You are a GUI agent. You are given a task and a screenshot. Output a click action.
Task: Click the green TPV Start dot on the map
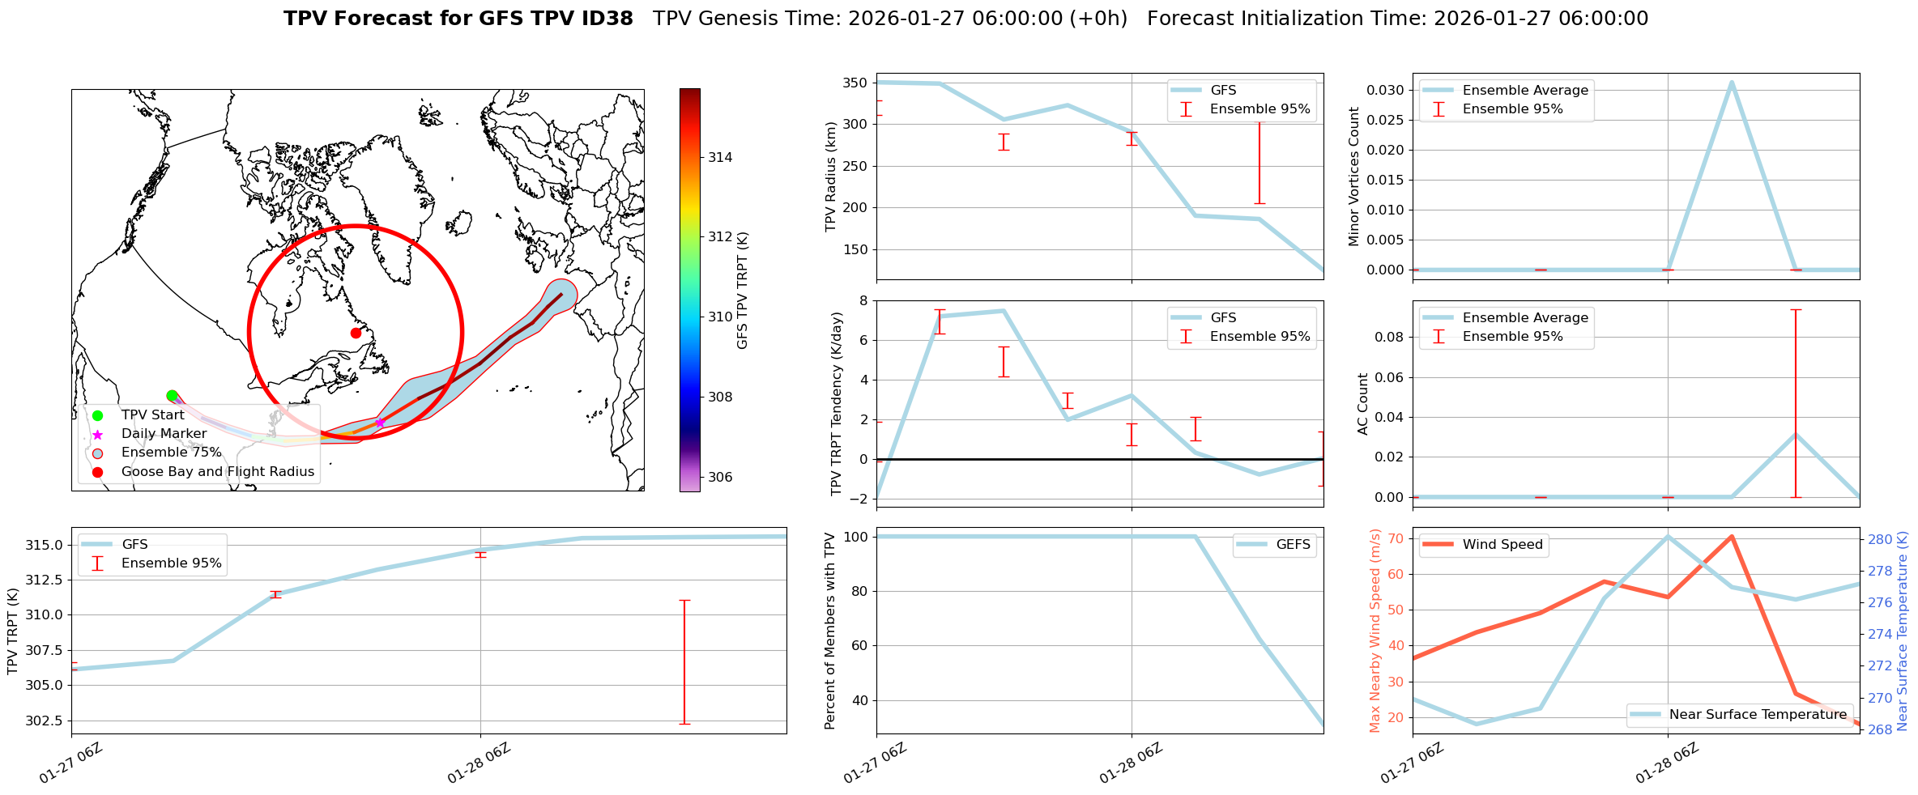[172, 396]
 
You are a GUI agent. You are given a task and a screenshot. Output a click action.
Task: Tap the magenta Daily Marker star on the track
[380, 423]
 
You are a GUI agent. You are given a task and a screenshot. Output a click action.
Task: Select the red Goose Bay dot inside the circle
[356, 333]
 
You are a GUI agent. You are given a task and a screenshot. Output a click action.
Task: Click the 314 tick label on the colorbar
[720, 157]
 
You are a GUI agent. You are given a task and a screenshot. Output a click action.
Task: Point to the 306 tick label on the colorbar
[720, 477]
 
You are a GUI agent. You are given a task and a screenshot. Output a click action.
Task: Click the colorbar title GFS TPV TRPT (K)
[742, 290]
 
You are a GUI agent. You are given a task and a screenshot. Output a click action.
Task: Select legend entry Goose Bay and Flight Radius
[217, 471]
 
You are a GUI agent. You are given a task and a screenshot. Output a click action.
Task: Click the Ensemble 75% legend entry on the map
[171, 452]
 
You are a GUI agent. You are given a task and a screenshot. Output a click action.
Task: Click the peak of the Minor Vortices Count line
[1731, 82]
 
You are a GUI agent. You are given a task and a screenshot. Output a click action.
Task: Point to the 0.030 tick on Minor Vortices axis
[1386, 90]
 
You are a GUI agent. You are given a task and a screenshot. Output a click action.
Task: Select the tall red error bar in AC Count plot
[1796, 403]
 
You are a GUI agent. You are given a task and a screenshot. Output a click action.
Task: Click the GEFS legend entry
[1293, 544]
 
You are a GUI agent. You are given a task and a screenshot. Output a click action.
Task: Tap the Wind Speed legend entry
[1502, 544]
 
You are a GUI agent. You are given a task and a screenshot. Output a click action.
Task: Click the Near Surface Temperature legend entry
[1758, 714]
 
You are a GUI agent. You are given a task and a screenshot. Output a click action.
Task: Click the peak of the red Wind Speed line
[1731, 536]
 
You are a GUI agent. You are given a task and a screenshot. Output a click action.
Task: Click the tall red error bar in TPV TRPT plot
[684, 661]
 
